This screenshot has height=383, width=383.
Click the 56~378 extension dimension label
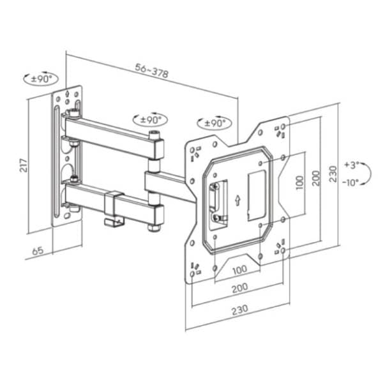[151, 71]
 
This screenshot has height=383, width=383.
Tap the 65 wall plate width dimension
[39, 252]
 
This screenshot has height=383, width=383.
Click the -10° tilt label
[350, 182]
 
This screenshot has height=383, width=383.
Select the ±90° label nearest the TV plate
[213, 123]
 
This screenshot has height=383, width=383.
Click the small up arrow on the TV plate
[237, 200]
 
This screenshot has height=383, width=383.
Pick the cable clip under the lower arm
[114, 220]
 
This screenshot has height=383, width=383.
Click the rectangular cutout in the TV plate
[256, 191]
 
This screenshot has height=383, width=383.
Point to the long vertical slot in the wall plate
[57, 163]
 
